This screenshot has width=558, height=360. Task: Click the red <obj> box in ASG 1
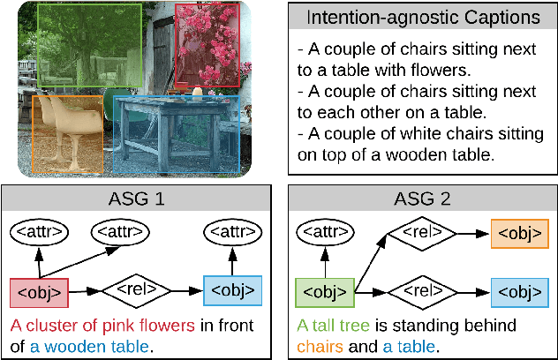point(39,290)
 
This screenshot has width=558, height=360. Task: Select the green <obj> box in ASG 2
point(325,290)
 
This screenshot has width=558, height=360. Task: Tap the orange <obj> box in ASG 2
point(518,234)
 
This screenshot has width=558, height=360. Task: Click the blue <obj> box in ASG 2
point(518,290)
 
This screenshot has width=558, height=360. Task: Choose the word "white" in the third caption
point(413,133)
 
